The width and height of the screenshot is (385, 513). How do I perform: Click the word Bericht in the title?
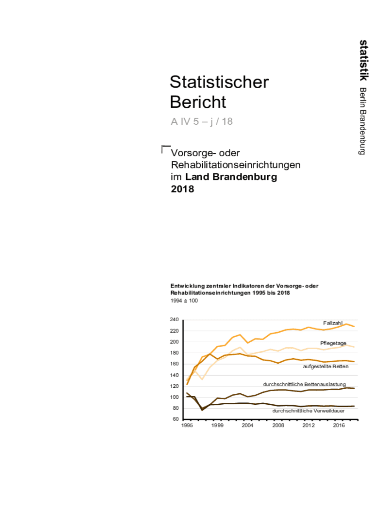point(198,102)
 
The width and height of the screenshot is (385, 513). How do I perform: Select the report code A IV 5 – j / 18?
point(201,122)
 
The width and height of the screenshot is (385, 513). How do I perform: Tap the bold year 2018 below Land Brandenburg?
point(182,189)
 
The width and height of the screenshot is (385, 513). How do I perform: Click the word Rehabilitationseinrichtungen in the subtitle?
point(235,165)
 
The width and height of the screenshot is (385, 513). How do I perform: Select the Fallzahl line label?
point(332,323)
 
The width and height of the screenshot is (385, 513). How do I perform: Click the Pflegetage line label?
point(333,343)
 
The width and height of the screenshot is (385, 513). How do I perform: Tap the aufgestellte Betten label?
point(325,367)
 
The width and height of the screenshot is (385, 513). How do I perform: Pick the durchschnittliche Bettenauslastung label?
point(304,384)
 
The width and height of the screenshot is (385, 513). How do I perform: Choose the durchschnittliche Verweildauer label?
point(308,411)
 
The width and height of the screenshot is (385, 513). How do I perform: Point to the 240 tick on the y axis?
point(174,320)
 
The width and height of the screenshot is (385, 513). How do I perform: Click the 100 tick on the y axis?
point(174,397)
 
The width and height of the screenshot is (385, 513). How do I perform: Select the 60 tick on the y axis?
point(175,419)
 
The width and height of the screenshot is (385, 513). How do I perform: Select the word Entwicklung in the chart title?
point(186,286)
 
